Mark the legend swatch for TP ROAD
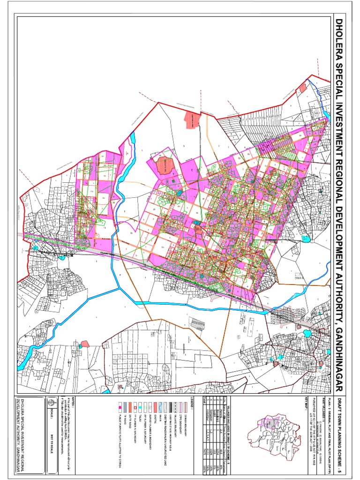125,407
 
